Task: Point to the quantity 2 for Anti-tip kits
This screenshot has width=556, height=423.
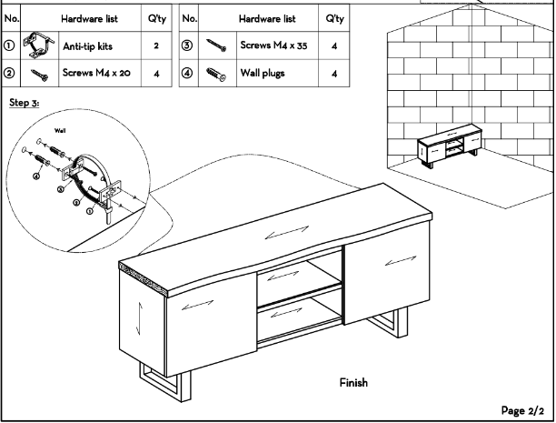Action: click(156, 45)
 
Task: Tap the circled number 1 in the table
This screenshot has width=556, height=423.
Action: click(10, 45)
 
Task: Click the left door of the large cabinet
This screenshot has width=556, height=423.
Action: click(186, 314)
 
